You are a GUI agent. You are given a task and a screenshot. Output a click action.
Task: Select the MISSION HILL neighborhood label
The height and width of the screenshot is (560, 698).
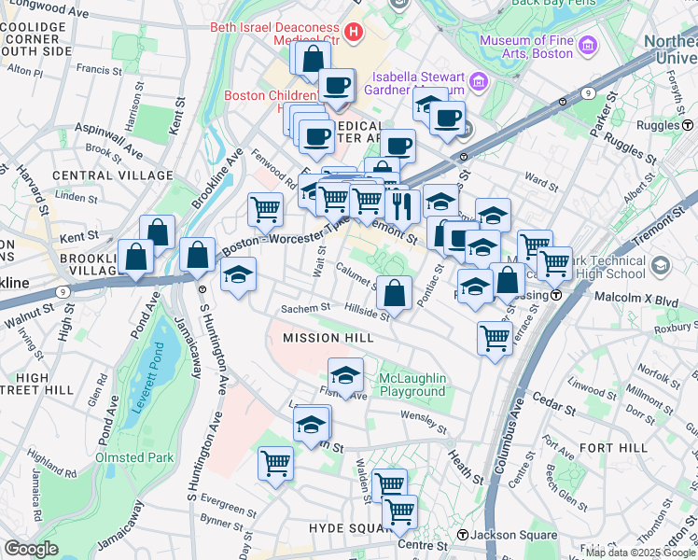(321, 337)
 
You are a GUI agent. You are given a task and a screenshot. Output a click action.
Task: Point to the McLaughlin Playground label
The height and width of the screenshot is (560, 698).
(412, 385)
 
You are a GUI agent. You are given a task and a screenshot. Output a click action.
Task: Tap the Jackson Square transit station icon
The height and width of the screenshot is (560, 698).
(462, 535)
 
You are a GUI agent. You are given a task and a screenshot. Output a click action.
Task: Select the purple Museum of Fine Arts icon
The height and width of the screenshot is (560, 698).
(588, 45)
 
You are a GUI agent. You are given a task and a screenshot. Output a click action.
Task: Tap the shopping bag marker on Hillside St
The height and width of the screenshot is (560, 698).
(396, 292)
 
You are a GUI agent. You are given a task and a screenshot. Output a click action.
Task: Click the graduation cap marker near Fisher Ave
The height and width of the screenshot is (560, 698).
(345, 376)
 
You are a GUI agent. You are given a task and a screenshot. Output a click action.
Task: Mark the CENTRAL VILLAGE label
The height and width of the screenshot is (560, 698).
(113, 175)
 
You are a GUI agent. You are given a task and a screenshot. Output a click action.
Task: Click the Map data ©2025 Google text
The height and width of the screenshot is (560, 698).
(639, 552)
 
